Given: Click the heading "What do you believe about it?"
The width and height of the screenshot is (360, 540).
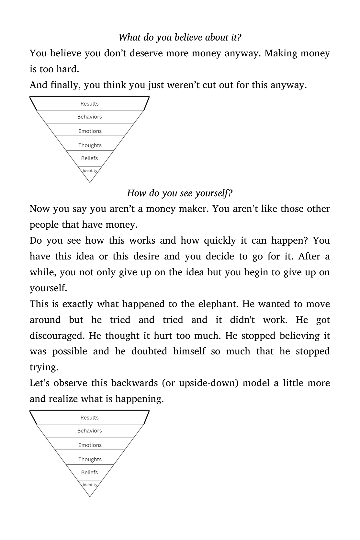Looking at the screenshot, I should (x=180, y=38).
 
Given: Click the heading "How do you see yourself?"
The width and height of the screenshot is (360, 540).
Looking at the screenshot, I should (x=180, y=193).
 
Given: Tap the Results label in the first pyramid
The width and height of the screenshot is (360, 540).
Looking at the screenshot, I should (x=89, y=104).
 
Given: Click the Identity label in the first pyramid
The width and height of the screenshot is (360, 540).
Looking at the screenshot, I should (x=90, y=171).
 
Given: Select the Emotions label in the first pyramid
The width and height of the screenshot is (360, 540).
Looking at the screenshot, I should (x=90, y=131).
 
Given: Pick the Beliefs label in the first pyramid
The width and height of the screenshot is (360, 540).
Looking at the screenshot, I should (x=89, y=158).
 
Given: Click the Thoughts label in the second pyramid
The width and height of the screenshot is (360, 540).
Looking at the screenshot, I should (x=90, y=459).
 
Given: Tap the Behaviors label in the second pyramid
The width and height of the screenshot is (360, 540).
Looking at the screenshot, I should (x=89, y=431).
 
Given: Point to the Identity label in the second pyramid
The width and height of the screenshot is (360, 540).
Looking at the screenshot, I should (x=90, y=485).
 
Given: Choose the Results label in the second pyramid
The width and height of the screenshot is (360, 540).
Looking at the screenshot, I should (x=89, y=418).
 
